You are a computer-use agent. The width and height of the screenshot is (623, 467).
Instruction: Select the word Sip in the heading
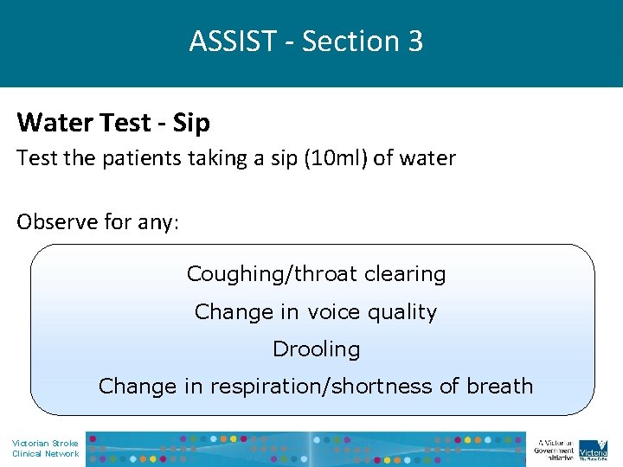[191, 123]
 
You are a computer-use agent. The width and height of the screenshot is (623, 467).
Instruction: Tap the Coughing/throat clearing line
[316, 274]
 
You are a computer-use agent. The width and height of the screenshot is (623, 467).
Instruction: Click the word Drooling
[316, 349]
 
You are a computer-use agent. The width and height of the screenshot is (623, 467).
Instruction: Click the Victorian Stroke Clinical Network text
[45, 448]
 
